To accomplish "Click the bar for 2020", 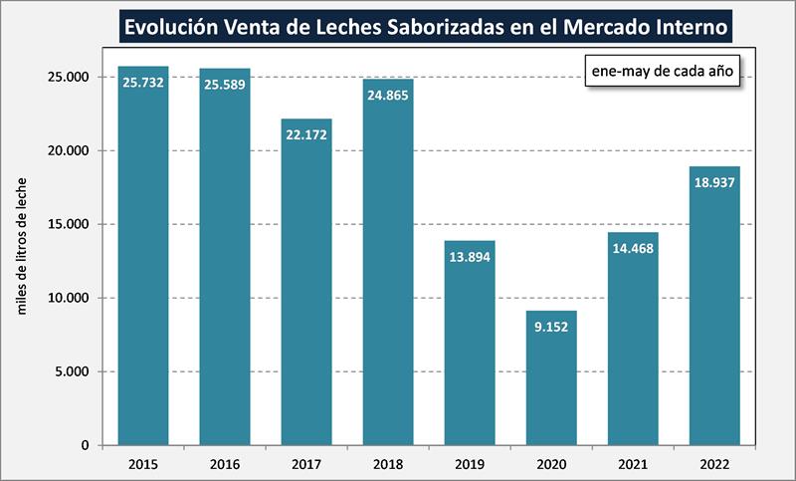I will (x=551, y=377).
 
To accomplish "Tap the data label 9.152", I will (x=551, y=328).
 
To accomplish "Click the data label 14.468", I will (x=633, y=250).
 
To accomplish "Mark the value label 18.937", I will (x=714, y=183).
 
